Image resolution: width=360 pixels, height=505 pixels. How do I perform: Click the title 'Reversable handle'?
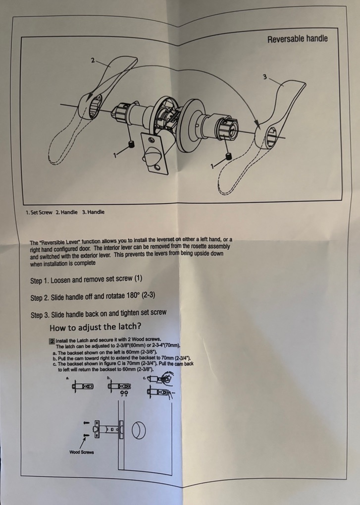click(297, 39)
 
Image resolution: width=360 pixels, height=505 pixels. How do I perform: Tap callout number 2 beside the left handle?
click(93, 60)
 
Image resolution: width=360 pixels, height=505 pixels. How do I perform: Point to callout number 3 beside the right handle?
click(265, 77)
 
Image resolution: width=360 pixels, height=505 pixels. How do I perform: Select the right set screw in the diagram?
click(229, 157)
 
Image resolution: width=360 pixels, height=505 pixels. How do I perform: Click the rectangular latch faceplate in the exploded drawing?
click(154, 154)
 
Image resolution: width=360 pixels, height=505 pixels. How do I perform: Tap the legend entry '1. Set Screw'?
click(39, 213)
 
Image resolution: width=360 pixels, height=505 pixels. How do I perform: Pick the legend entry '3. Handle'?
click(93, 212)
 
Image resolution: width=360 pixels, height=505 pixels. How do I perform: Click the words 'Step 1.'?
click(39, 281)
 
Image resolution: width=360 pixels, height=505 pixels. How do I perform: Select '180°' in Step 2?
click(133, 296)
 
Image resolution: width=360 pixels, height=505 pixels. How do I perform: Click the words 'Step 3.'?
click(40, 315)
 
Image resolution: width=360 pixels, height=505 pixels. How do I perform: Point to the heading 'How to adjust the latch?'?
click(95, 327)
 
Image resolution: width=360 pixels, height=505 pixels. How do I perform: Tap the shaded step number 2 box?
click(52, 341)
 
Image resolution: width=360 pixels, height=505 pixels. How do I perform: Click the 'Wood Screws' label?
click(82, 452)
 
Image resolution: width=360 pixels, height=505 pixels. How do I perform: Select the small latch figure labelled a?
click(83, 387)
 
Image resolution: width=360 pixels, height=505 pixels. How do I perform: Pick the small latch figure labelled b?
click(119, 386)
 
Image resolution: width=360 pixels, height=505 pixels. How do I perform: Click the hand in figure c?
click(167, 377)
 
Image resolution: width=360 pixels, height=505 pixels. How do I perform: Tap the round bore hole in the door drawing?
click(139, 430)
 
